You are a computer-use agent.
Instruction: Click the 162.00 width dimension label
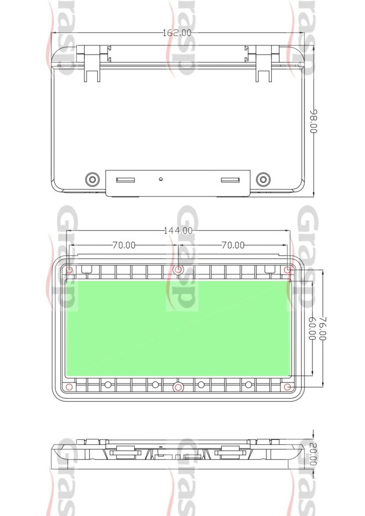[x=177, y=33]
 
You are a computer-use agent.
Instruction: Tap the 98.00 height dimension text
[x=314, y=121]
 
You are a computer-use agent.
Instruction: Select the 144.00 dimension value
[x=178, y=230]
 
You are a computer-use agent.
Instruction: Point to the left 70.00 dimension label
[x=124, y=245]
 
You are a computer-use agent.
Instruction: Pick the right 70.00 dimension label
[x=233, y=245]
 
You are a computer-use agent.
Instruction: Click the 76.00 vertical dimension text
[x=323, y=329]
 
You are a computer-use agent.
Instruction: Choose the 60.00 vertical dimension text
[x=312, y=329]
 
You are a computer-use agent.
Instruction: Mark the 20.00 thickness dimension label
[x=314, y=454]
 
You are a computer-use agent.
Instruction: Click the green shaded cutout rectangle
[x=178, y=328]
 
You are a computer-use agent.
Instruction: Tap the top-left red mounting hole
[x=69, y=270]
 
